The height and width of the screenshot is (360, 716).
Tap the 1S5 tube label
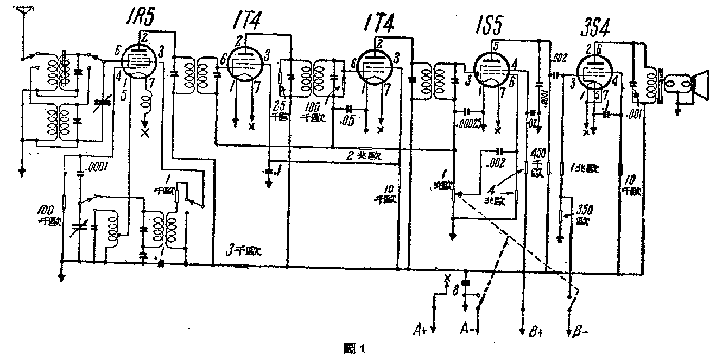pos(491,25)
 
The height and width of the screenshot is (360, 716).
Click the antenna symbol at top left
pos(22,14)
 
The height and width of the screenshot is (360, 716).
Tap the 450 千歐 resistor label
pos(537,161)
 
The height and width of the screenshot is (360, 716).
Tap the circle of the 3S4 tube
pos(594,73)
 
